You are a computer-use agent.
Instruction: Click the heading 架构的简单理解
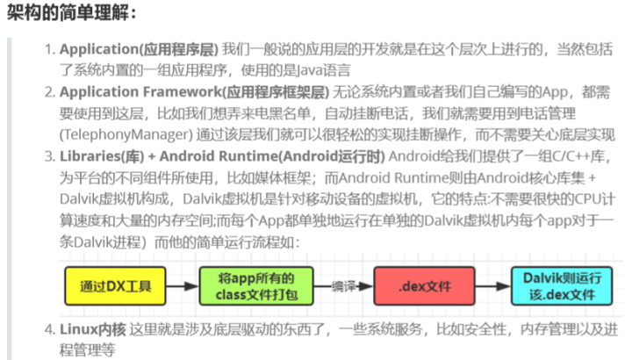[x=71, y=13]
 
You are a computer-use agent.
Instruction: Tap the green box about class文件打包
[x=251, y=286]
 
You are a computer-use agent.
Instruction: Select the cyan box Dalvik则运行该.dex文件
[x=557, y=286]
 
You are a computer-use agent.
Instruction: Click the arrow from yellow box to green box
[x=183, y=286]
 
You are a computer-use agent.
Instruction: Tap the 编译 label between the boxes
[x=347, y=285]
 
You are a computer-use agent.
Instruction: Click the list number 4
[x=50, y=329]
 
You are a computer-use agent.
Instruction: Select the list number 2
[x=50, y=92]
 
